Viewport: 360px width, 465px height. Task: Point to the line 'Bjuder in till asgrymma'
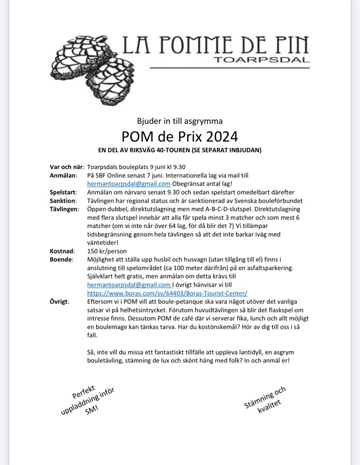pos(180,121)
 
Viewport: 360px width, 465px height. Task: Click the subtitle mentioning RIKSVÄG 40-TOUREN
pos(180,150)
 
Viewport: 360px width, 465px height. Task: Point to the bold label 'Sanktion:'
pos(63,201)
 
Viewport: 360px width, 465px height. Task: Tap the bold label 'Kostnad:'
pos(62,251)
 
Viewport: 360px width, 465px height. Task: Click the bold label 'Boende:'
pos(61,260)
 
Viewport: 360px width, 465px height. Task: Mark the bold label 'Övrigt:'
pos(60,301)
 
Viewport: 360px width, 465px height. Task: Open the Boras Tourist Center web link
pos(167,293)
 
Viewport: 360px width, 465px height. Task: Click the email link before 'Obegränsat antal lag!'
pos(129,184)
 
